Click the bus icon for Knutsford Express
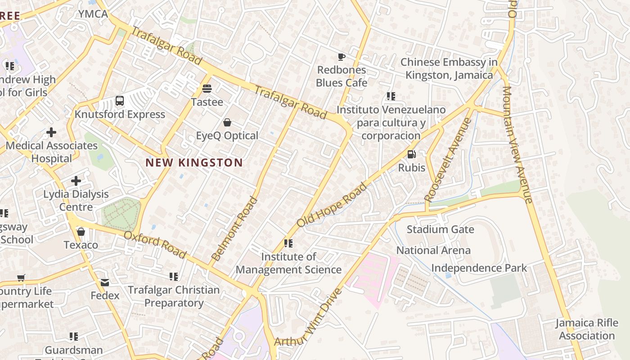(x=120, y=101)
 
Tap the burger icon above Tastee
(x=207, y=88)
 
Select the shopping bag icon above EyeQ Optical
(x=227, y=122)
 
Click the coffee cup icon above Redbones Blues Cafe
(x=342, y=57)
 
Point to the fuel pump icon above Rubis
(x=411, y=154)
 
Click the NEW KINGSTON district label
(x=194, y=162)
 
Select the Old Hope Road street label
(x=332, y=204)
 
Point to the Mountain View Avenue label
(x=517, y=144)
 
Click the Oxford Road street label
(x=155, y=245)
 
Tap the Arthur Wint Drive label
(x=308, y=318)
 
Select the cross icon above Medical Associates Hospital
(x=51, y=132)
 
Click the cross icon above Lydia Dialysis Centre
(x=76, y=181)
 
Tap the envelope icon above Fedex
(x=105, y=283)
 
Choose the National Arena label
(x=433, y=250)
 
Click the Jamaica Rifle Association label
(x=587, y=329)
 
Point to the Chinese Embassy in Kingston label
(x=449, y=68)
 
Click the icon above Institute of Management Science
(x=288, y=243)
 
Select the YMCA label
(x=93, y=14)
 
